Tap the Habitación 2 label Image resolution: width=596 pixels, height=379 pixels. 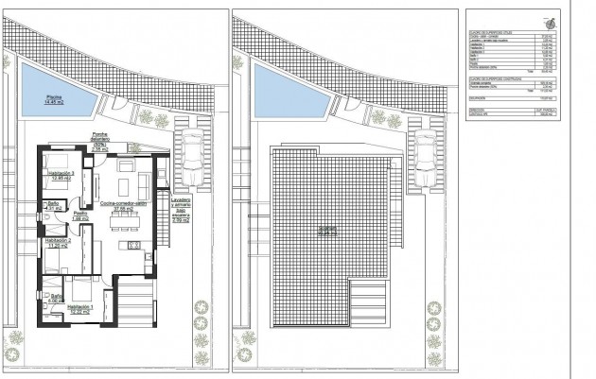click(58, 243)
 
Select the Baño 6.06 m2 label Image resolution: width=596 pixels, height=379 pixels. click(58, 298)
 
